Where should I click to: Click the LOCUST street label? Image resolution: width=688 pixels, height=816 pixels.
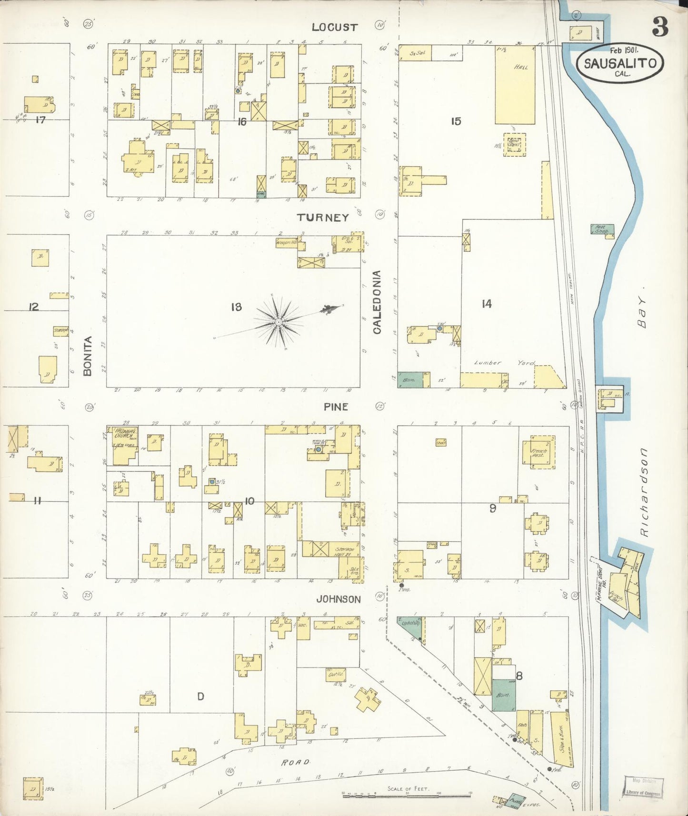[x=334, y=27]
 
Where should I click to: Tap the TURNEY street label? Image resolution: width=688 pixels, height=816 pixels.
[x=323, y=218]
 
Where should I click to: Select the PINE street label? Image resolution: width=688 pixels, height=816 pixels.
[x=336, y=407]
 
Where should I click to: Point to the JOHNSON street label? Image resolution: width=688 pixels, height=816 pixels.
[x=339, y=599]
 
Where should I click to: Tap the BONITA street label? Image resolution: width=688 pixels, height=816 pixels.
[x=87, y=356]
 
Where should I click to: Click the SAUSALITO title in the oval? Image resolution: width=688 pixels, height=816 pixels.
[x=620, y=63]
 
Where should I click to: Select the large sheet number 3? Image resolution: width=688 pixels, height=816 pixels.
[x=660, y=27]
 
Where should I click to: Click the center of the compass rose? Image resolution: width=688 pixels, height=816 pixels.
[x=278, y=322]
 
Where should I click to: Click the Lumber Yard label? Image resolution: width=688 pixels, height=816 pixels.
[x=505, y=363]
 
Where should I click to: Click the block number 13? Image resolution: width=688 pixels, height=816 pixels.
[x=236, y=307]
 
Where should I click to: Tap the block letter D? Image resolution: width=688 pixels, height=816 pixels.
[x=200, y=697]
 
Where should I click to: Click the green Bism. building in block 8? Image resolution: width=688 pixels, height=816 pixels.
[x=503, y=695]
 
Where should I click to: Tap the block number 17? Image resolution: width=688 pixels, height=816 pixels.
[x=40, y=120]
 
